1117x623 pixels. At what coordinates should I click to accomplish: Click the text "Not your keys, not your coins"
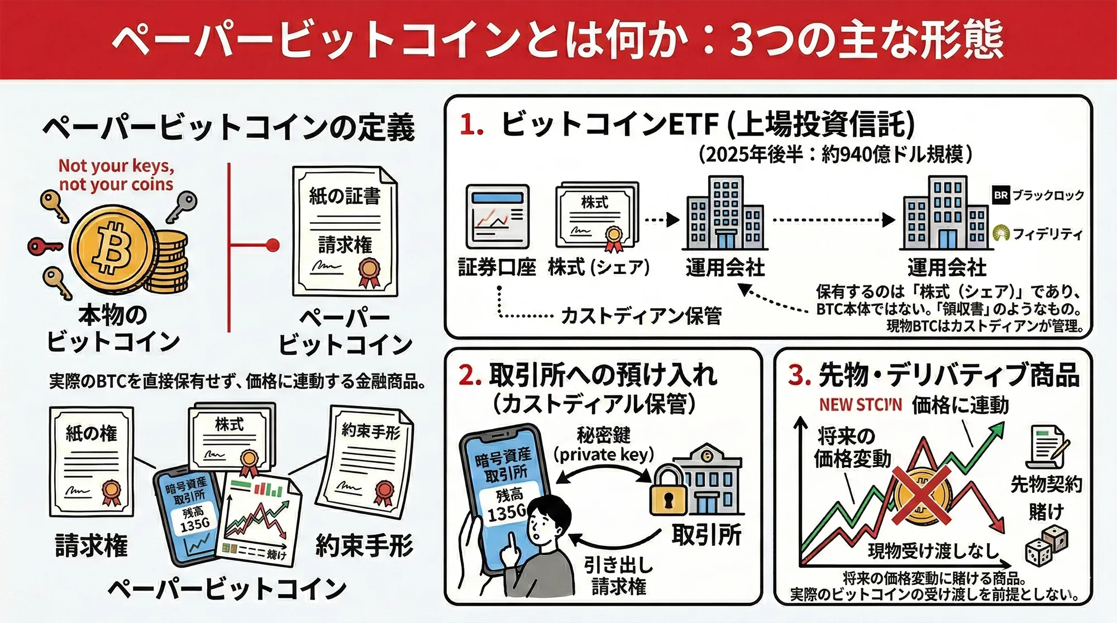point(116,175)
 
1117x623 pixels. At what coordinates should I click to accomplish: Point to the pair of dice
point(1046,546)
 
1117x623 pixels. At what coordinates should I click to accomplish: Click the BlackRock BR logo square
point(1001,195)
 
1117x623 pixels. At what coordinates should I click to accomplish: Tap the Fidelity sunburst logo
point(1001,233)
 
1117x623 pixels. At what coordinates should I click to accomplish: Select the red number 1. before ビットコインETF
point(471,124)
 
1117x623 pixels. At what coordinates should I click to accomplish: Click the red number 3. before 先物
point(799,375)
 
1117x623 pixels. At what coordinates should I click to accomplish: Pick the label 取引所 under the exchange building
point(706,535)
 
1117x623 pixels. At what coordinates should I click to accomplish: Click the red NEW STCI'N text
point(860,405)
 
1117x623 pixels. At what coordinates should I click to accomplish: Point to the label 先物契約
point(1046,485)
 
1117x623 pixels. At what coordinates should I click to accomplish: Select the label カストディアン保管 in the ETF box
point(641,316)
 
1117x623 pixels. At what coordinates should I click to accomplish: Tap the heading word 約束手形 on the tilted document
point(371,431)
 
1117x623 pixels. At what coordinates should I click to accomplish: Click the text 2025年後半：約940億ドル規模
point(836,154)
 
